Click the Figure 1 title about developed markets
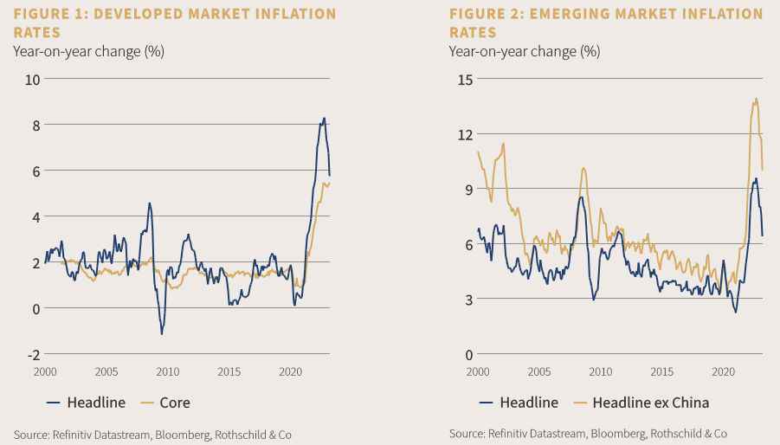click(174, 23)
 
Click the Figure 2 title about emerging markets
click(606, 23)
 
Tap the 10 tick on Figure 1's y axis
click(34, 80)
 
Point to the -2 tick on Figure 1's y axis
click(34, 354)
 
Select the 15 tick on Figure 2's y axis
click(466, 80)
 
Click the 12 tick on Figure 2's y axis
click(466, 134)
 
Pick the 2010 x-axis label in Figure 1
click(168, 371)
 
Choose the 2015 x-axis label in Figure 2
click(662, 371)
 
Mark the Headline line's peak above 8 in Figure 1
click(325, 119)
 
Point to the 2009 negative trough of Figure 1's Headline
click(162, 333)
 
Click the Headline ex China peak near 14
click(756, 99)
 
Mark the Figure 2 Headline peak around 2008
click(582, 197)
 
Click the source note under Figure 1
click(152, 433)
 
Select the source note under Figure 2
click(588, 433)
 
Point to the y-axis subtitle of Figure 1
click(88, 50)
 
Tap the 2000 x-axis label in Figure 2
click(478, 371)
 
